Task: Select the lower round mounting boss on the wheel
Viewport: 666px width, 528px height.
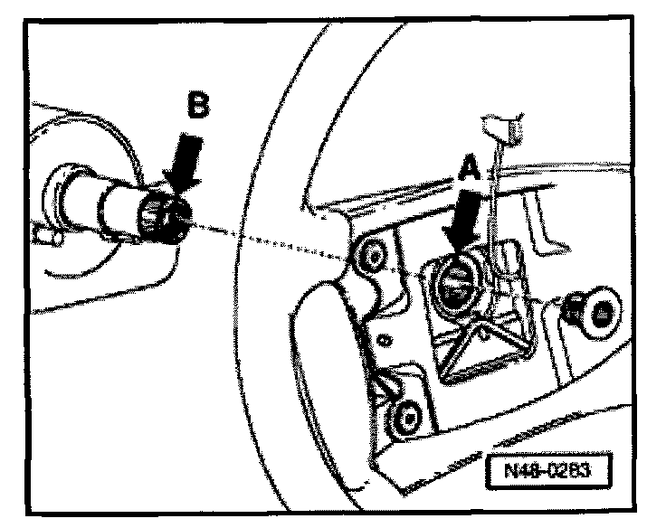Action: click(404, 417)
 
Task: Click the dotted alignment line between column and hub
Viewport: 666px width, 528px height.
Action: click(262, 238)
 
